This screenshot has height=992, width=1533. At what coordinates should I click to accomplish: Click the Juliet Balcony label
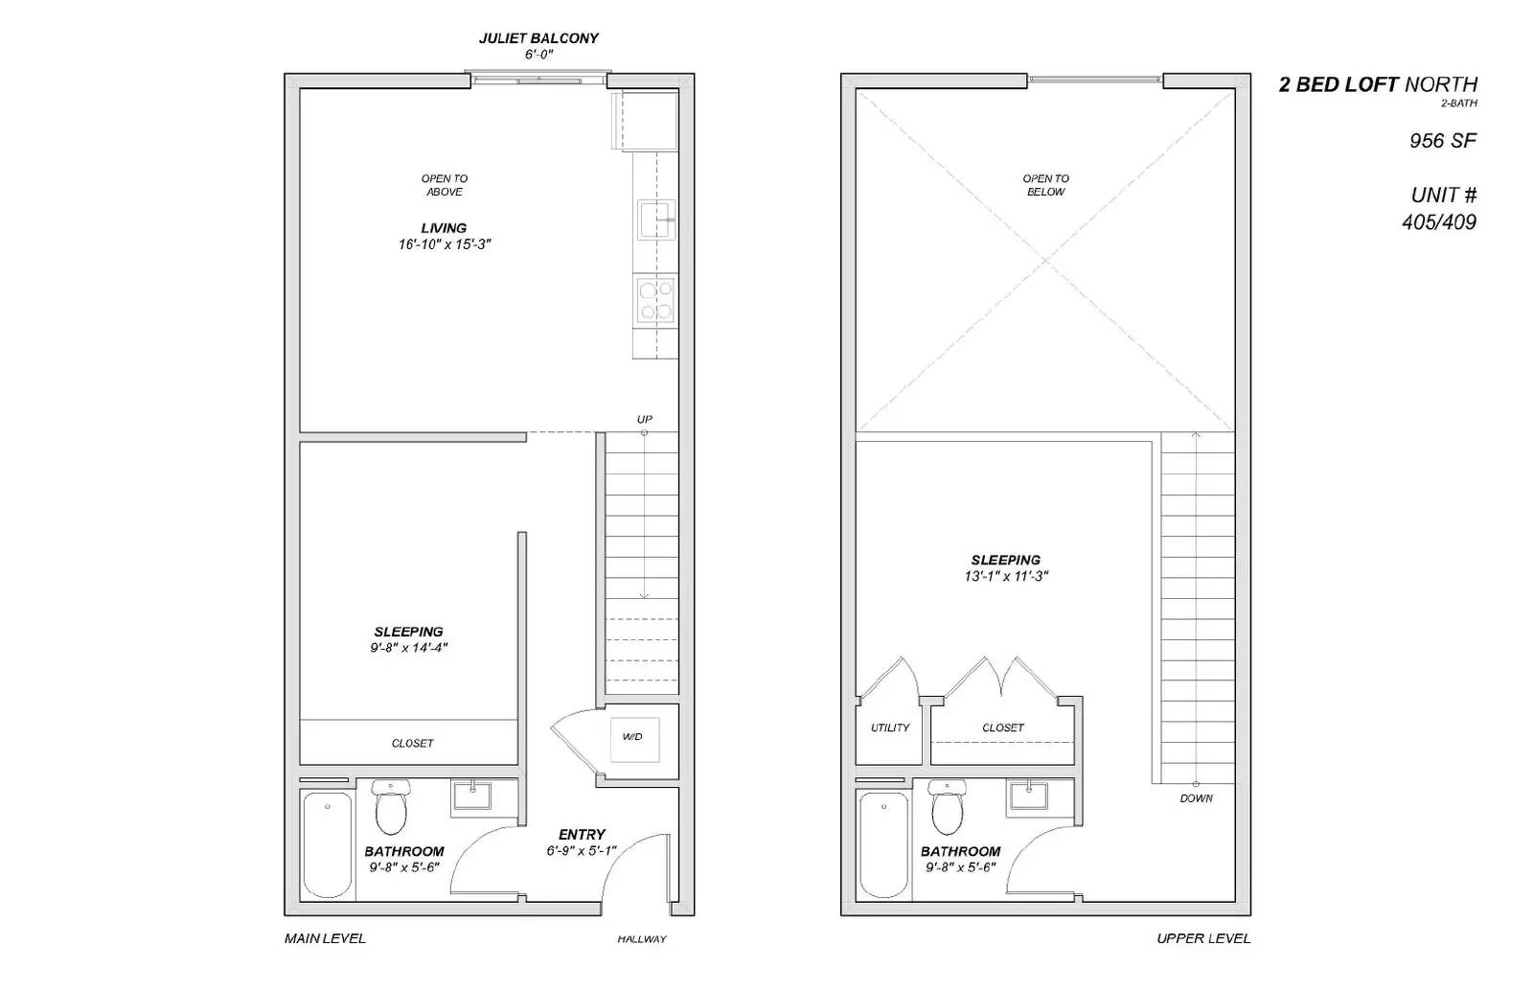[x=538, y=38]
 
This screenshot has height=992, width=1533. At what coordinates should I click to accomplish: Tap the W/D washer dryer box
[x=633, y=737]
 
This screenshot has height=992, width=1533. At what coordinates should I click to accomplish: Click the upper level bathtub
[x=883, y=843]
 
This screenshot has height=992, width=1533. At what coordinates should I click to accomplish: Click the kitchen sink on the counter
[x=657, y=219]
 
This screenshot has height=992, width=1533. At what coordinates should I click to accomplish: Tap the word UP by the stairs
[x=645, y=420]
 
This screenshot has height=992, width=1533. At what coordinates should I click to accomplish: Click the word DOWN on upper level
[x=1196, y=798]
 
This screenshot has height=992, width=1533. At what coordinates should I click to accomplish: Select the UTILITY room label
[x=890, y=728]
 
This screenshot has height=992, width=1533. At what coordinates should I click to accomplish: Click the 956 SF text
[x=1442, y=141]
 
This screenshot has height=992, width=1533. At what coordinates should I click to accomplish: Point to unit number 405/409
[x=1439, y=222]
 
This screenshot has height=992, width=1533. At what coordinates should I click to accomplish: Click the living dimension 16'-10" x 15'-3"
[x=445, y=244]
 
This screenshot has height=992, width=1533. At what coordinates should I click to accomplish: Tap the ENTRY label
[x=582, y=835]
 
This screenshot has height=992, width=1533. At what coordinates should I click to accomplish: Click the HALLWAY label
[x=641, y=939]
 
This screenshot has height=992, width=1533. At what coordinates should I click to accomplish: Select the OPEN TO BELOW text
[x=1045, y=185]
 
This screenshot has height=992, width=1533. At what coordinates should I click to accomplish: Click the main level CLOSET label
[x=412, y=744]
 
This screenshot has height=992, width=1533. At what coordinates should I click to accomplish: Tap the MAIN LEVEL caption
[x=325, y=938]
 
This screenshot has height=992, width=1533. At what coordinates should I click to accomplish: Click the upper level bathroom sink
[x=1030, y=796]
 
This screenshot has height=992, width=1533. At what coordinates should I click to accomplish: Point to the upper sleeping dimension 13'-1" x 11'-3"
[x=1006, y=577]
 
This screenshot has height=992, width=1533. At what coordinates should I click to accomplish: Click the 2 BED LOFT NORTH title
[x=1378, y=84]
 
